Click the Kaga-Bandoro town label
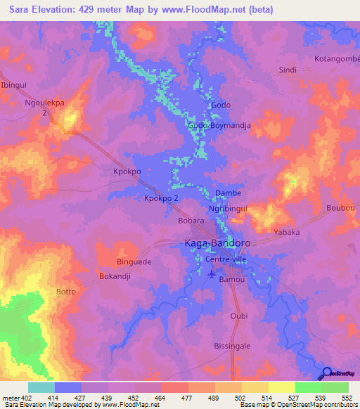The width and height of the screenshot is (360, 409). point(217,243)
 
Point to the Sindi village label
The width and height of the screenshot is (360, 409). point(288,70)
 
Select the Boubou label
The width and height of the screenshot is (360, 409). point(342,209)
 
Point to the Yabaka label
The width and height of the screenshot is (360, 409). point(286,232)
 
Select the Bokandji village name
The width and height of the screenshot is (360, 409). point(115,276)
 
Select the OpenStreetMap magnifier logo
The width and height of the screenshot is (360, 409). point(328,373)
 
